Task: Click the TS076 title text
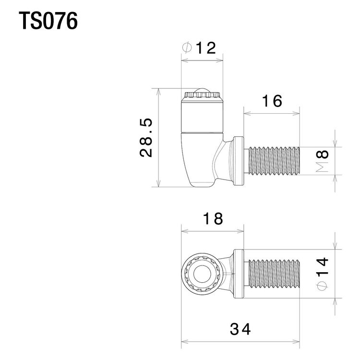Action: tap(48, 21)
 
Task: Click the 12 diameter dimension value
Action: tap(206, 48)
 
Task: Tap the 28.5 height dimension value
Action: tap(146, 138)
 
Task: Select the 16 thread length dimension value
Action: tap(272, 101)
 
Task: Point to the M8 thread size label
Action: tap(322, 161)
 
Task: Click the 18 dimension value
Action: tap(213, 218)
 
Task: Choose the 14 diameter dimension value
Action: tap(322, 266)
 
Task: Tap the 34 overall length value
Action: tap(240, 329)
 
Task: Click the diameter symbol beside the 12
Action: tap(187, 48)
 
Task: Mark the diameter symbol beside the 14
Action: tap(322, 286)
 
